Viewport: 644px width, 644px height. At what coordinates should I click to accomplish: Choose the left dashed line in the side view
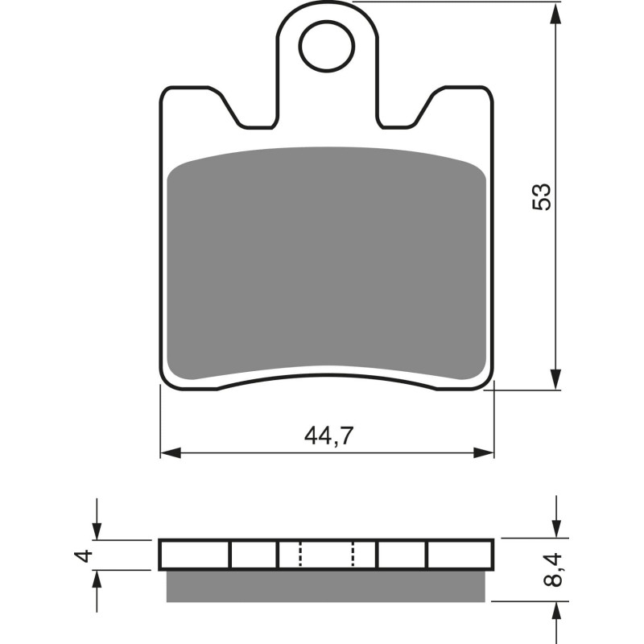300,554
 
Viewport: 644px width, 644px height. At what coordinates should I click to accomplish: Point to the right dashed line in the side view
353,554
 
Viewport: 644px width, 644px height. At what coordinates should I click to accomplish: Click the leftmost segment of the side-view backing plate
196,554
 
